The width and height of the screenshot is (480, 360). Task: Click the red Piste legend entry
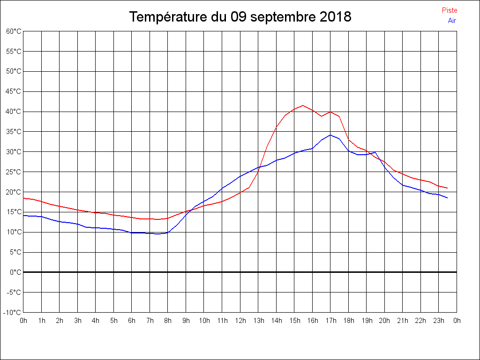click(449, 10)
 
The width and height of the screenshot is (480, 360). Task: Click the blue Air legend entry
click(452, 20)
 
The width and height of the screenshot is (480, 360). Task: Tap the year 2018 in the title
click(336, 17)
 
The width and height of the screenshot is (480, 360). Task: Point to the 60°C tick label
click(14, 31)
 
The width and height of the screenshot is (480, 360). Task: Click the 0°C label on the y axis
click(15, 272)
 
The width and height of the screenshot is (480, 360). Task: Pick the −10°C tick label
click(13, 313)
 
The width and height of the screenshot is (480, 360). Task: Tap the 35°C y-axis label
click(14, 132)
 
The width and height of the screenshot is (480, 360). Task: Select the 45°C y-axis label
click(14, 91)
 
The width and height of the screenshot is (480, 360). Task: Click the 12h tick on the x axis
click(240, 321)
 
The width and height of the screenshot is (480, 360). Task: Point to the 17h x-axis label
click(330, 321)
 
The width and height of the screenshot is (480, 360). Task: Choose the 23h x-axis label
click(439, 321)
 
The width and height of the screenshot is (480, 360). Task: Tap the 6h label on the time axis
click(132, 321)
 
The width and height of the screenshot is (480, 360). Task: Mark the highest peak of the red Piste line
click(303, 105)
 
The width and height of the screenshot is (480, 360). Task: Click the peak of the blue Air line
click(330, 135)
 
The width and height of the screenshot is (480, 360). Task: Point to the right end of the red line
click(448, 188)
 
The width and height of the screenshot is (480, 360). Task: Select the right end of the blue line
click(448, 198)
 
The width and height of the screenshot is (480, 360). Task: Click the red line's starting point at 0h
click(23, 198)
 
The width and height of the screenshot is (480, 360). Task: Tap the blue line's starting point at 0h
click(23, 215)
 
